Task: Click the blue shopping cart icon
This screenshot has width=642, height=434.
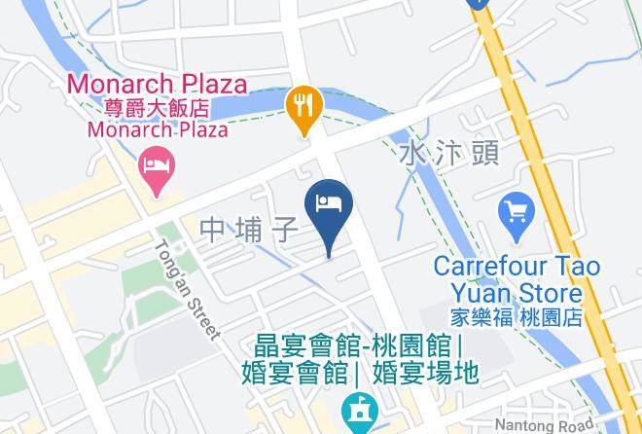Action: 516,210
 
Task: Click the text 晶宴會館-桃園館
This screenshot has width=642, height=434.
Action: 357,346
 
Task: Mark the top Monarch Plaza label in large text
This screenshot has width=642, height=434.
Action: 156,84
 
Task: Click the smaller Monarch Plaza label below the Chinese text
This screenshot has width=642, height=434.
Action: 157,129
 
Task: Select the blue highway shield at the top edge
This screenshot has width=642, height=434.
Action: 476,4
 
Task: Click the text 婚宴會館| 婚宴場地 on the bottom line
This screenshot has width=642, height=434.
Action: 360,372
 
